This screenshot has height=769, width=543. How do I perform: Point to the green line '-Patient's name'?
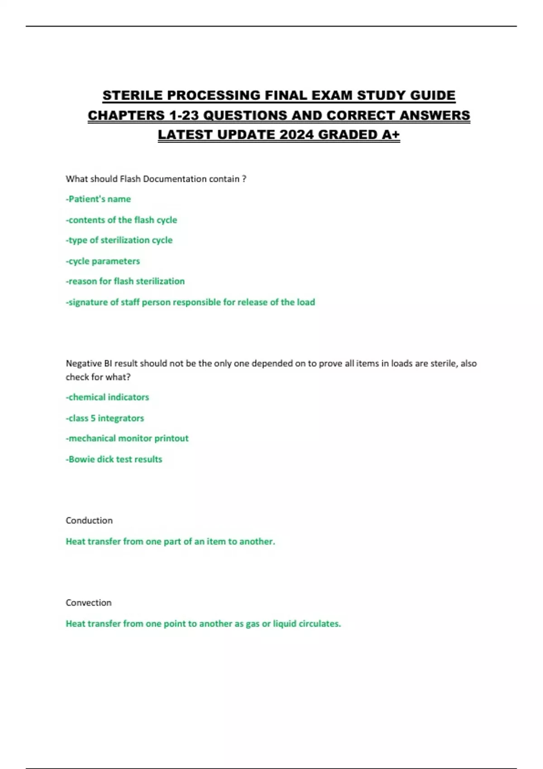tap(98, 199)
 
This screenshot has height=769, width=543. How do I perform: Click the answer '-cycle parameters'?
tap(103, 261)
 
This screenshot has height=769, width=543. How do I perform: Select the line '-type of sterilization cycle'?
tap(119, 240)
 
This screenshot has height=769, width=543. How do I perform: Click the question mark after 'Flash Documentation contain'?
tap(244, 179)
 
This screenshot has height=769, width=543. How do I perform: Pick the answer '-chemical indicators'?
tap(107, 397)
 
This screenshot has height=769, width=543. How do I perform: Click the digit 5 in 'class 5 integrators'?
tap(93, 418)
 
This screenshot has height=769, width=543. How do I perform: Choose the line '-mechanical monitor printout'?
tap(127, 438)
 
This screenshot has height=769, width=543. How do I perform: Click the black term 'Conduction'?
tap(89, 520)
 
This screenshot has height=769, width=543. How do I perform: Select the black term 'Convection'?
tap(89, 603)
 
